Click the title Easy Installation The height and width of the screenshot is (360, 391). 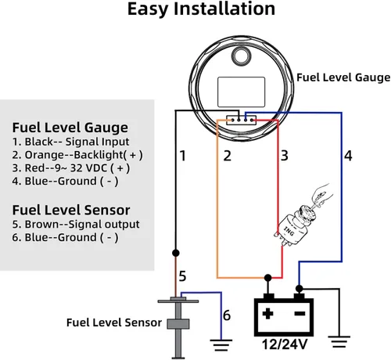pyautogui.click(x=201, y=10)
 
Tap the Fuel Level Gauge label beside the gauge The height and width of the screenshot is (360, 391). pyautogui.click(x=343, y=77)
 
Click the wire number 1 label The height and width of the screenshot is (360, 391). pyautogui.click(x=182, y=156)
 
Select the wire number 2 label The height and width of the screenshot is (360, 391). pyautogui.click(x=227, y=156)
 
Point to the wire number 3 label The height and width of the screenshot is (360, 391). pyautogui.click(x=285, y=156)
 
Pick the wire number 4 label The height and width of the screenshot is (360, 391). pyautogui.click(x=348, y=156)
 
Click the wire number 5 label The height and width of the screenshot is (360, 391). pyautogui.click(x=182, y=275)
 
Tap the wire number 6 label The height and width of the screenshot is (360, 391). pyautogui.click(x=227, y=315)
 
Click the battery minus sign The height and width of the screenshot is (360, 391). pyautogui.click(x=299, y=315)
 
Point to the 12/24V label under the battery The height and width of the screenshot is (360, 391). pyautogui.click(x=285, y=344)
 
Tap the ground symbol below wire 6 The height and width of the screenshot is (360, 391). pyautogui.click(x=221, y=341)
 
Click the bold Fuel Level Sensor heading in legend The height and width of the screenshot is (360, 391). pyautogui.click(x=71, y=209)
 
